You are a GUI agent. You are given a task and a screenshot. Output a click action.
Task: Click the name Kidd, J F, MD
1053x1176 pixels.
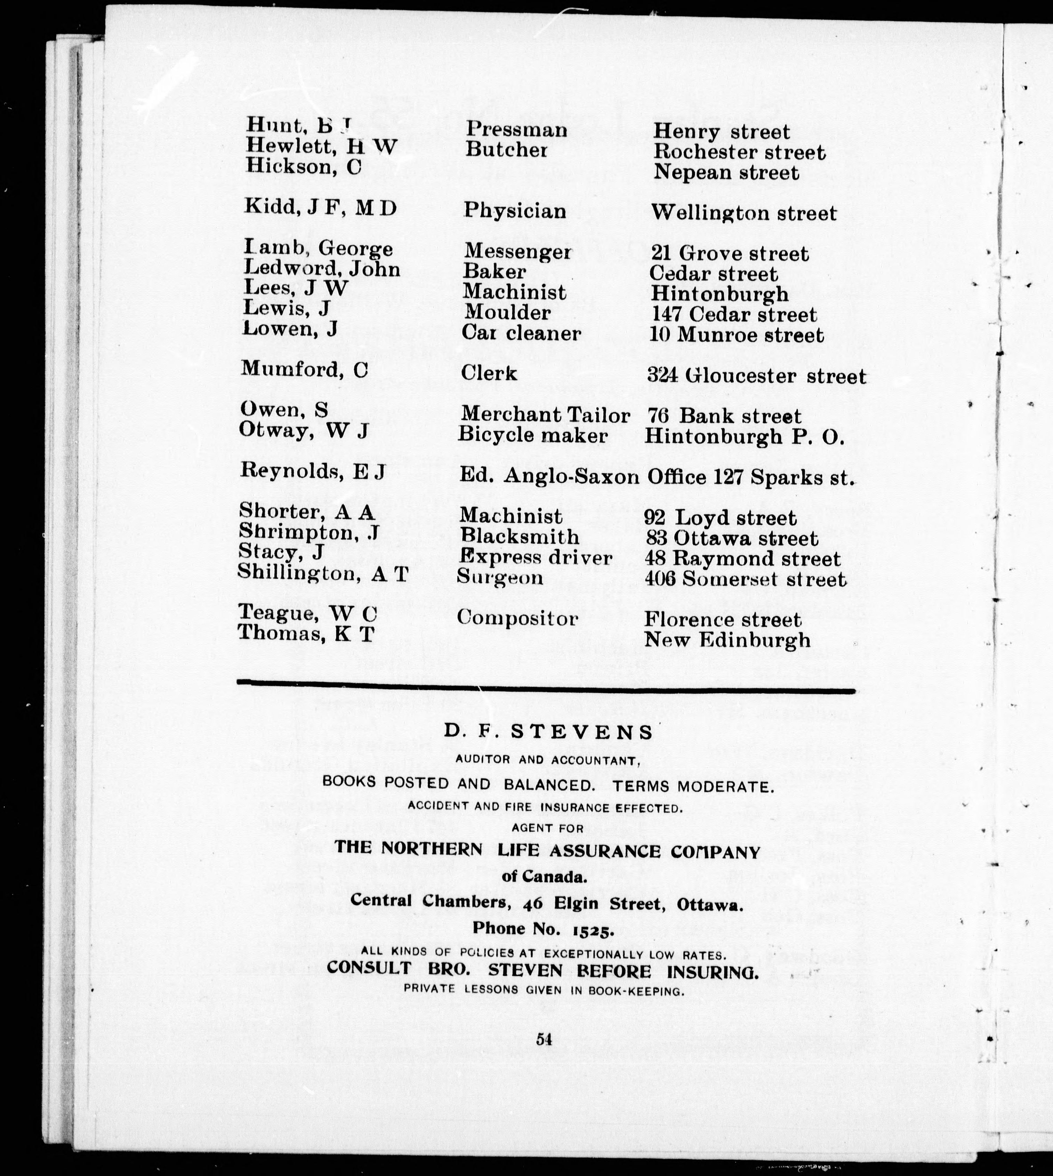click(320, 207)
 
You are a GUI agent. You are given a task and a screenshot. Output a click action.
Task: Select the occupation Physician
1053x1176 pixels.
click(514, 211)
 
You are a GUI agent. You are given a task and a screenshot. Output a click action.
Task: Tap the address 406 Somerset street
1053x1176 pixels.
click(745, 579)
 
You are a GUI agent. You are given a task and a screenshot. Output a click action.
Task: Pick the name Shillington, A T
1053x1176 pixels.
click(323, 573)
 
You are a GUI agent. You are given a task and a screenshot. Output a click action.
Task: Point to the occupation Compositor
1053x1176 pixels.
click(517, 619)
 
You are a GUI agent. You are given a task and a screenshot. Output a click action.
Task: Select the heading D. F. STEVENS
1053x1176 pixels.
click(548, 732)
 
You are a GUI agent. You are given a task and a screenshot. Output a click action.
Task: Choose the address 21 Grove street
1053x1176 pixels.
click(729, 254)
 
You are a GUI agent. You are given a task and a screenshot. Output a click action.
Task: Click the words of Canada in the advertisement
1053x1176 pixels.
click(544, 876)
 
